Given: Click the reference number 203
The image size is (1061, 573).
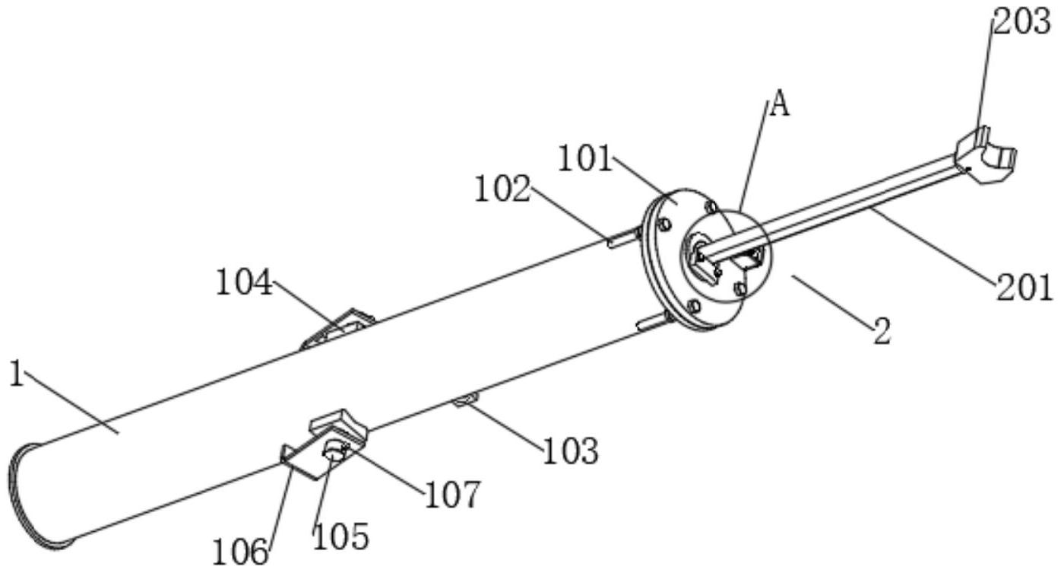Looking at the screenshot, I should (x=1021, y=23).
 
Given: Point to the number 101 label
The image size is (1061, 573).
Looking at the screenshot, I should (x=585, y=160).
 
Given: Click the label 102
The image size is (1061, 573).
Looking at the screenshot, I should (x=502, y=189).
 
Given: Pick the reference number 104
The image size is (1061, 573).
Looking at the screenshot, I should (x=244, y=284).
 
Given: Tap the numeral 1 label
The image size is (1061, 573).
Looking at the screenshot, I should (x=15, y=374).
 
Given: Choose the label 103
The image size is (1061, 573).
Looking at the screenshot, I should (x=570, y=450).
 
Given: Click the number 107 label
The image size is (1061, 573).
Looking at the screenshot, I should (x=453, y=495).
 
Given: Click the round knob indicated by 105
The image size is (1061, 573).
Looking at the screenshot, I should (x=334, y=453).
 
